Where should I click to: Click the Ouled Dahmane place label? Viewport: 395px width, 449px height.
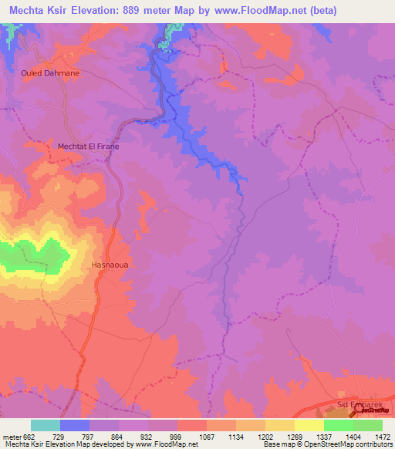tap(50, 73)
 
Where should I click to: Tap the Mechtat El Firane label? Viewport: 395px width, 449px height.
tap(89, 145)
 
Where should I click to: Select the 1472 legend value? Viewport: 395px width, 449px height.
tap(373, 437)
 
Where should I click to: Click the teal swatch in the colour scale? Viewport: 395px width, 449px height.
tap(46, 425)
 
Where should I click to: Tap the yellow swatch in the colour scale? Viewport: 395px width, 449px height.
tap(309, 425)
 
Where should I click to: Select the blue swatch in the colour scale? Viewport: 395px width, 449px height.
tap(75, 425)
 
